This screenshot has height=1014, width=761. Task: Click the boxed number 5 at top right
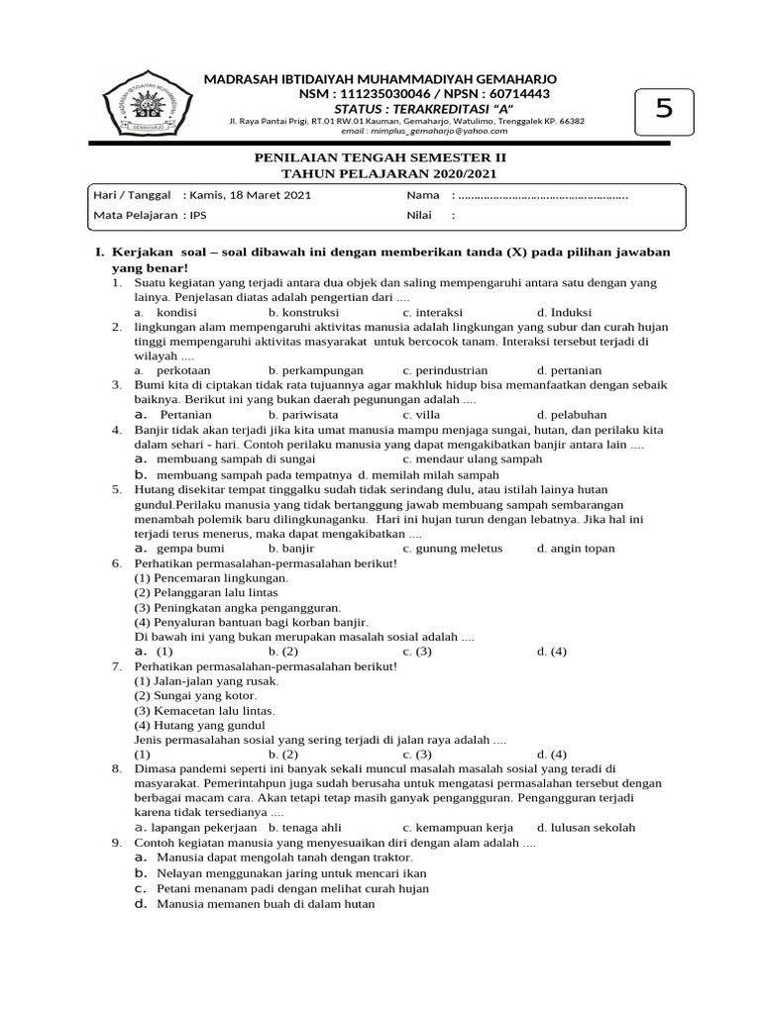click(x=663, y=109)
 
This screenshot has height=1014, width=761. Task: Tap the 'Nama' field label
click(x=422, y=195)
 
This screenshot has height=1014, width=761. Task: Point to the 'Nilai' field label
click(x=421, y=215)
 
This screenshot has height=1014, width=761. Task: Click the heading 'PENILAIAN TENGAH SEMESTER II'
click(x=380, y=157)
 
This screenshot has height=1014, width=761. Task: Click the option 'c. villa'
click(x=422, y=415)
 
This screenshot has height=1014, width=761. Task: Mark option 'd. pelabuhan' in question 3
click(x=572, y=415)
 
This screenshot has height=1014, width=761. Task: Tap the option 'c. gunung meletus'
click(x=452, y=548)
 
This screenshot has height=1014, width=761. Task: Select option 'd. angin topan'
click(x=576, y=548)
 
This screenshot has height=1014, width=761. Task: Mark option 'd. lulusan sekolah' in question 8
click(x=586, y=828)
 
